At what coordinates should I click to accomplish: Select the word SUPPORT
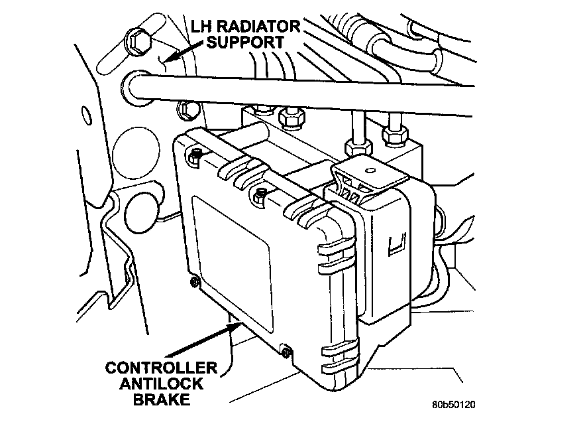point(244,42)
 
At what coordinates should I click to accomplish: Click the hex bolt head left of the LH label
point(139,40)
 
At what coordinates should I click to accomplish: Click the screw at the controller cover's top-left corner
point(195,155)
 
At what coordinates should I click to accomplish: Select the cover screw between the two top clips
point(260,194)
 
